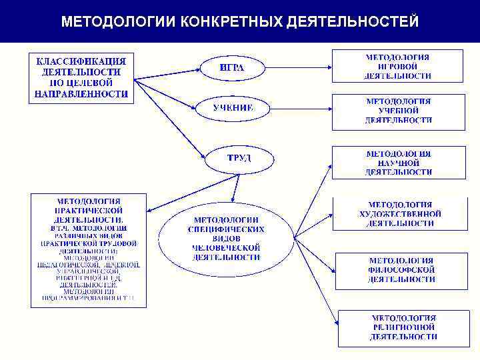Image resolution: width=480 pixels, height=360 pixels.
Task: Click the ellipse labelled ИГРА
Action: [231, 67]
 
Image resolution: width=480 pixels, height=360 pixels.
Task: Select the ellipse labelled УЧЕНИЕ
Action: [233, 107]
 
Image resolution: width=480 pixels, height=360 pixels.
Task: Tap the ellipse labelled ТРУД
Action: [239, 159]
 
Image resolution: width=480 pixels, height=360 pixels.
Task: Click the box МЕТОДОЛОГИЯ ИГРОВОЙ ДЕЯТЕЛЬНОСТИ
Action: [398, 66]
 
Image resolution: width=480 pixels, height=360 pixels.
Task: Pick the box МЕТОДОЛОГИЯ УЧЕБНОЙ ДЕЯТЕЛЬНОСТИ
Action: [398, 111]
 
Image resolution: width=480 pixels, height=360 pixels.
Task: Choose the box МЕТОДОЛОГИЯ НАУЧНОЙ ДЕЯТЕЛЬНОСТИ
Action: [399, 163]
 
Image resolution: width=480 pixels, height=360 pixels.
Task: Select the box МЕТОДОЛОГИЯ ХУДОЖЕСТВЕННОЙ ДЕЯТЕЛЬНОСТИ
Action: [399, 213]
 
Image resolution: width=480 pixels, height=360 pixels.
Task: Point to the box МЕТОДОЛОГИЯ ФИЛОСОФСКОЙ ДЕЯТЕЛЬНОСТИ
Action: [402, 269]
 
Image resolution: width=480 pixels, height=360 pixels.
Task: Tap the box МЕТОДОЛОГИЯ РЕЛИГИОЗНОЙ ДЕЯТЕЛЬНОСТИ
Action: [404, 327]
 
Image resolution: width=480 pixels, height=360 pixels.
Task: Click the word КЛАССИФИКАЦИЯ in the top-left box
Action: [81, 61]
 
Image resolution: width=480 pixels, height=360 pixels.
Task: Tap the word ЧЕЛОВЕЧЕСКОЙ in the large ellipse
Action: [226, 247]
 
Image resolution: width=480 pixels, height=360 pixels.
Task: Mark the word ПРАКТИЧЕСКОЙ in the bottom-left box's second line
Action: [88, 209]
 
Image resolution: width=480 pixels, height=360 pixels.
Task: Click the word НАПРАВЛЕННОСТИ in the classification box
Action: [81, 93]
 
